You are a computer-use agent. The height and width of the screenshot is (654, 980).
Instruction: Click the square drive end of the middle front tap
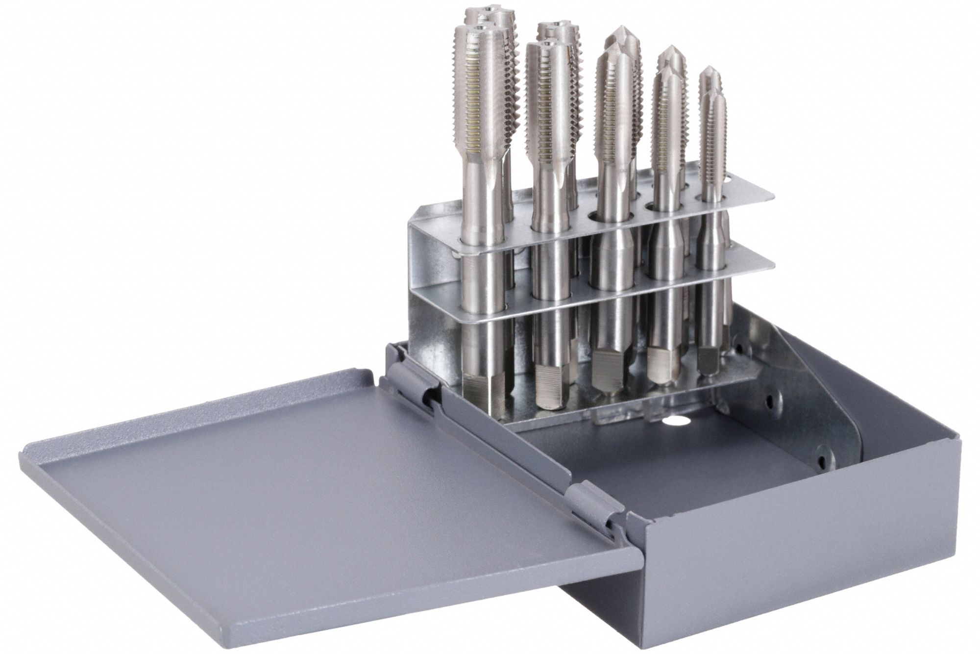coord(608,373)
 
